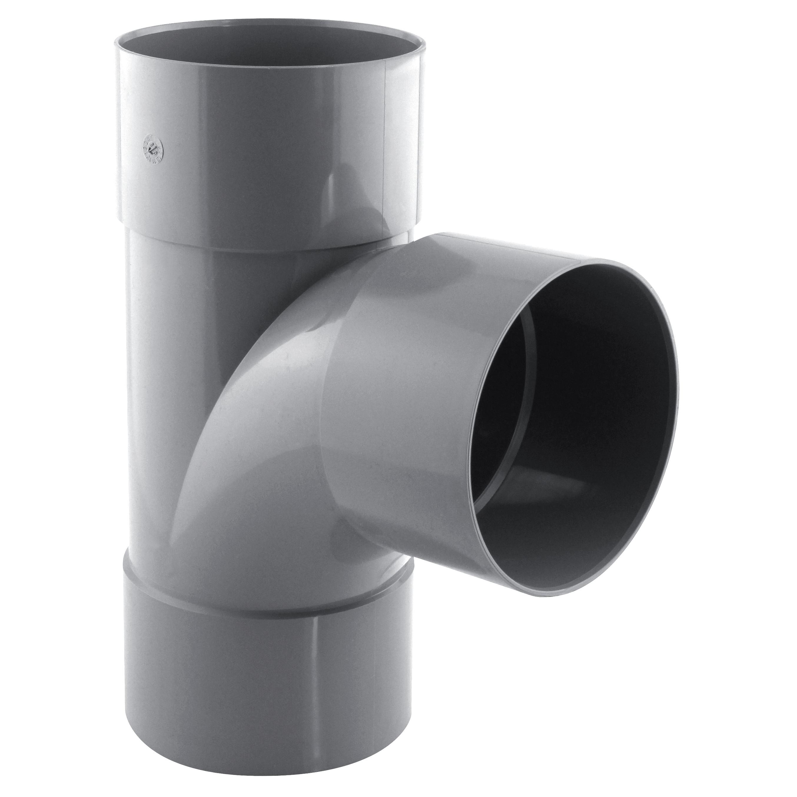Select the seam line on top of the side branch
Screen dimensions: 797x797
tap(516, 248)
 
